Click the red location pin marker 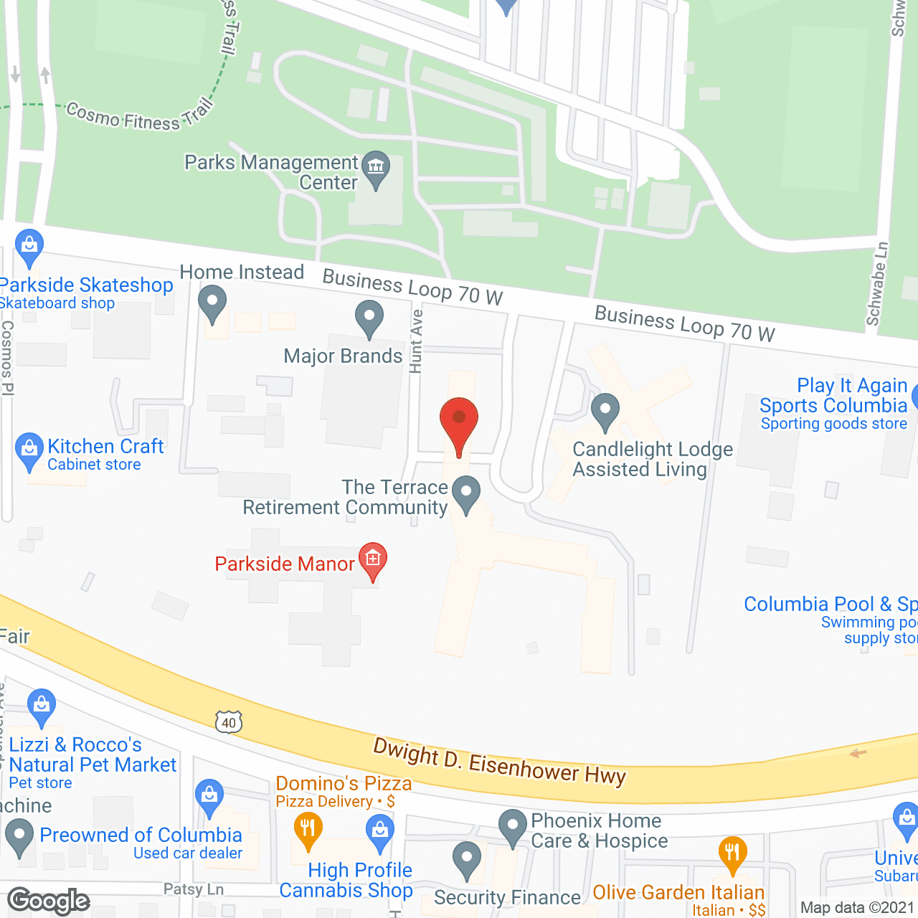(458, 420)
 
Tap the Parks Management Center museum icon (375, 168)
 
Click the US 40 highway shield (229, 721)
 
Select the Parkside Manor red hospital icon (373, 559)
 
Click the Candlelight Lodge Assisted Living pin (605, 410)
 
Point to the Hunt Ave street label (416, 341)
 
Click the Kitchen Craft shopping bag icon (29, 449)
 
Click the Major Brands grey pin (369, 317)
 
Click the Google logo (49, 901)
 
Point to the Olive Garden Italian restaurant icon (732, 853)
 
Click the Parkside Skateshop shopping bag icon (29, 245)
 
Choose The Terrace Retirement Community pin (467, 493)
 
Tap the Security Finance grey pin (467, 858)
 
